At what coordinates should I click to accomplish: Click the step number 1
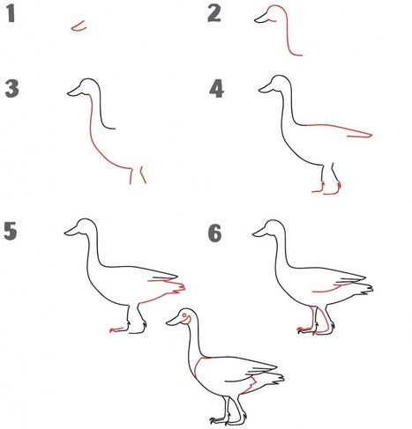11,13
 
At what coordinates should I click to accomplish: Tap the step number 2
214,13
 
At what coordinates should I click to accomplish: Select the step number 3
12,89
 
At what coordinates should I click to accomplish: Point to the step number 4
216,89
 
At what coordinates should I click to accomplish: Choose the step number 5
11,231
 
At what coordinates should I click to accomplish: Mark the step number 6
215,233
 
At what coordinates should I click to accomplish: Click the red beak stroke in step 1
79,26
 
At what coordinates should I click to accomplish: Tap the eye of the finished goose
184,315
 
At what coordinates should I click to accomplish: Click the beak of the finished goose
174,321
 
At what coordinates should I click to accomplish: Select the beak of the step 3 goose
76,91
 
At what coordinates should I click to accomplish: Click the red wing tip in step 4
360,136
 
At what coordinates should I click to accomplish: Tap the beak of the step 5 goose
72,231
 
